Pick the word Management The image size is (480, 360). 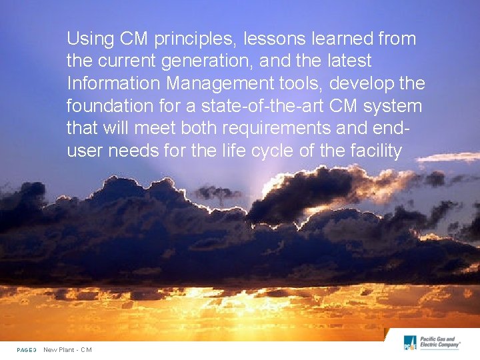(223, 84)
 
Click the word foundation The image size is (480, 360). (110, 106)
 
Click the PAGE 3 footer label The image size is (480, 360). (27, 350)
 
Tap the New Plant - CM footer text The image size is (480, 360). (67, 350)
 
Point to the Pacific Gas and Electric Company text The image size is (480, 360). (440, 343)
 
